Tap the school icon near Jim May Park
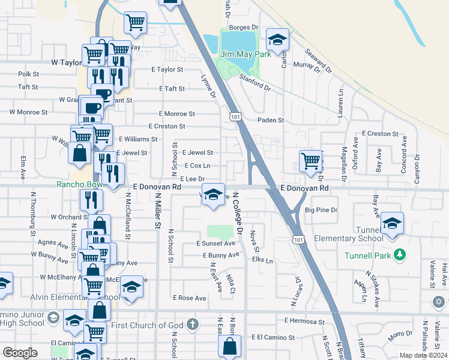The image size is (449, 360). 277,41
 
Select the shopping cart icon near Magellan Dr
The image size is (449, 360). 310,160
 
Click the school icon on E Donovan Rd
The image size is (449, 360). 212,194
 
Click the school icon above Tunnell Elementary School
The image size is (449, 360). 392,224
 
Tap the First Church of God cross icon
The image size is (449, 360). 193,325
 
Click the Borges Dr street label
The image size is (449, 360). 243,27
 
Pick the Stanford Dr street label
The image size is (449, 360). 255,82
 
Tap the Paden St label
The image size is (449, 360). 271,120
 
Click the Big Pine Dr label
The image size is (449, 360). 322,210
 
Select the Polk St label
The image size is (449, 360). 28,74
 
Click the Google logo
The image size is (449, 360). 20,352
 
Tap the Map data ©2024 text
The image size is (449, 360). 424,355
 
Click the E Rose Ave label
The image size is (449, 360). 189,298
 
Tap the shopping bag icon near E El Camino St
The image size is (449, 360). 229,346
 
